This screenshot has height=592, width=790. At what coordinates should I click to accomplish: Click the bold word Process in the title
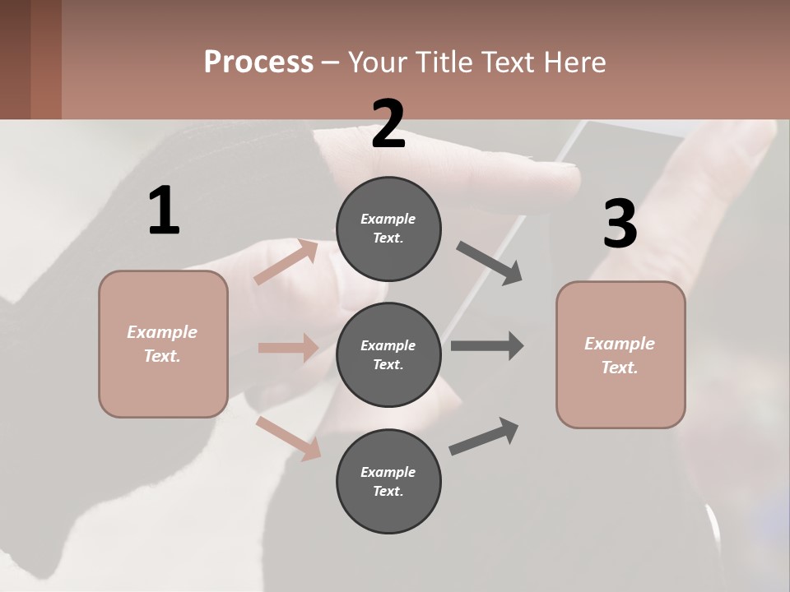pyautogui.click(x=258, y=62)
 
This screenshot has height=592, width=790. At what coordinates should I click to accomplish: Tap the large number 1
pyautogui.click(x=164, y=211)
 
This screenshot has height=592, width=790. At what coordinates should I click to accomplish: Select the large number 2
pyautogui.click(x=388, y=125)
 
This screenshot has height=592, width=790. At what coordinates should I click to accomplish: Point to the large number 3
pyautogui.click(x=620, y=224)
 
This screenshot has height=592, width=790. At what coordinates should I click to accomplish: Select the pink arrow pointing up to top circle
pyautogui.click(x=286, y=261)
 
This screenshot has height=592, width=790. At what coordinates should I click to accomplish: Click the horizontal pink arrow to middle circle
pyautogui.click(x=288, y=348)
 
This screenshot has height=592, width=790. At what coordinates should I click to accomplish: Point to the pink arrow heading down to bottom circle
pyautogui.click(x=288, y=437)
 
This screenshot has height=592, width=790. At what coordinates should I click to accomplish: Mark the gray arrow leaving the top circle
pyautogui.click(x=490, y=263)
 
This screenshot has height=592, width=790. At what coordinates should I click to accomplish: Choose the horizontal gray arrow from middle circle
pyautogui.click(x=486, y=346)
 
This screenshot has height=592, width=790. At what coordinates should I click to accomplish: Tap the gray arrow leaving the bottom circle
pyautogui.click(x=484, y=436)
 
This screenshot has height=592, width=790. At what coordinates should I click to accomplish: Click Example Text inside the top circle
pyautogui.click(x=388, y=229)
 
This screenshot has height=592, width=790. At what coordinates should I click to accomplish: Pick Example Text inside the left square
pyautogui.click(x=162, y=344)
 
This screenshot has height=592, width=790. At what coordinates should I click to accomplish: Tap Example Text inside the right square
pyautogui.click(x=620, y=355)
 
